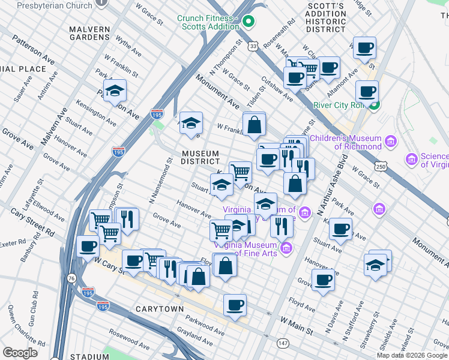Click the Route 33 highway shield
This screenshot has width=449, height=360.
tap(254, 46)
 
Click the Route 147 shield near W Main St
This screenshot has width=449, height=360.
tap(282, 343)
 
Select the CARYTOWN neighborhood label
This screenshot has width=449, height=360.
tap(160, 309)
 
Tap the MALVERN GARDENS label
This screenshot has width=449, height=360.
tap(89, 34)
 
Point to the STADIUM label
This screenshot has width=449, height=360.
tap(89, 356)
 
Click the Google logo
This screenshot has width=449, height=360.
tap(20, 352)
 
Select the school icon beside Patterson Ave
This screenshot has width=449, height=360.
tap(113, 92)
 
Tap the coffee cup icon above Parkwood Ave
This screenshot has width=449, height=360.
tap(235, 305)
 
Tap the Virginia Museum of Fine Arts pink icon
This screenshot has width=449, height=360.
tap(286, 248)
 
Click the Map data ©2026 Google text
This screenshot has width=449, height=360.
tap(412, 355)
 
